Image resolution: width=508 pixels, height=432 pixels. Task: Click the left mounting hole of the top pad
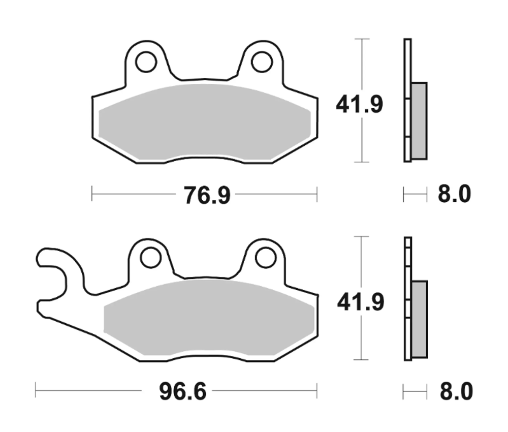click(x=146, y=62)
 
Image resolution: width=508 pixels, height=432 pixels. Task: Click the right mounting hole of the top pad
click(x=262, y=62)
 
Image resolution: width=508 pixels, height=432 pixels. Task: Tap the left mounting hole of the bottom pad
click(x=150, y=258)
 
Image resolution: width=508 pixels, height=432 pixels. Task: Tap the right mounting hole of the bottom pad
click(x=265, y=258)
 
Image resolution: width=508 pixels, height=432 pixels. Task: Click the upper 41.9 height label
click(x=359, y=105)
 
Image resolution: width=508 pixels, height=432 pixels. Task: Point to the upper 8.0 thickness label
click(x=455, y=195)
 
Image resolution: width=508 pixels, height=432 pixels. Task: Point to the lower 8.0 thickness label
click(x=456, y=392)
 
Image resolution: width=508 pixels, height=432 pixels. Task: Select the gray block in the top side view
click(x=419, y=120)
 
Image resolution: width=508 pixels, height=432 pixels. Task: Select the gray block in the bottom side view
click(x=420, y=319)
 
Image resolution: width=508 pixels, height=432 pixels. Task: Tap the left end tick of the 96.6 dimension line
click(x=36, y=391)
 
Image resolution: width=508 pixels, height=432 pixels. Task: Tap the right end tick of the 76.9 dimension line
click(x=317, y=194)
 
